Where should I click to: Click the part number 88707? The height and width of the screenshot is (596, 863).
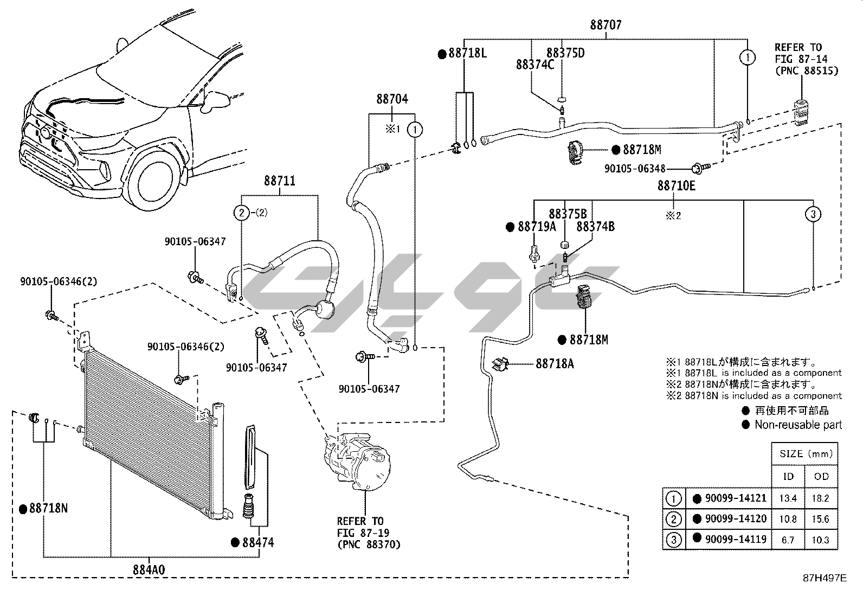click(x=606, y=25)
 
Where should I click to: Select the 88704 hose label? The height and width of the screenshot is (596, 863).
click(x=392, y=99)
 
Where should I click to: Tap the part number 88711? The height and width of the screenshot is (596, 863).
click(x=280, y=181)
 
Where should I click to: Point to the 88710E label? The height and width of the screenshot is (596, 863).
click(x=676, y=185)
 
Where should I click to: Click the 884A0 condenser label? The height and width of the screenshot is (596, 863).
click(x=149, y=569)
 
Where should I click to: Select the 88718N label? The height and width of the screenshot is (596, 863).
click(x=48, y=509)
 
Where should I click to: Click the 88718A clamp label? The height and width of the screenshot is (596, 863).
click(x=555, y=363)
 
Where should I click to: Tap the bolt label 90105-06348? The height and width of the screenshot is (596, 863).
click(x=635, y=169)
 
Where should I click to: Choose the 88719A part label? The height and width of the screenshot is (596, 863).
click(x=537, y=227)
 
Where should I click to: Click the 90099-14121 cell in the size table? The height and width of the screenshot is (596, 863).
click(x=736, y=498)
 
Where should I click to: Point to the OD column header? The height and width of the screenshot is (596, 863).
click(x=821, y=476)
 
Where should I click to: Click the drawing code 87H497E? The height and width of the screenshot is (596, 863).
click(x=825, y=578)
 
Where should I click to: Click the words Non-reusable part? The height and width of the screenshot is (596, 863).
click(x=798, y=425)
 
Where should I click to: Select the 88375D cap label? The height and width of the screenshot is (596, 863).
click(x=565, y=53)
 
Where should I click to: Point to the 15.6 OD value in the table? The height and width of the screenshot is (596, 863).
click(x=821, y=519)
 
